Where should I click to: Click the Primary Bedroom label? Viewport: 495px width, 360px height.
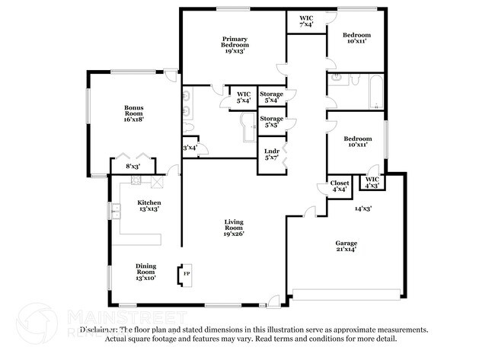235,45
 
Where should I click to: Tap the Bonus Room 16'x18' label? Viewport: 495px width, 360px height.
134,113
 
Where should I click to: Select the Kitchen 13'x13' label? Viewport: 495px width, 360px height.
148,206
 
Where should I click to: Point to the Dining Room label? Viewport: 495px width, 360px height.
145,272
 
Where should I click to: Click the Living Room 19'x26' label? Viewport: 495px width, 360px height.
233,227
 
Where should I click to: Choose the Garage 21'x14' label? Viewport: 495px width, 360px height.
346,246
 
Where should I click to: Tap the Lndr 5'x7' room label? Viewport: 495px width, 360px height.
271,154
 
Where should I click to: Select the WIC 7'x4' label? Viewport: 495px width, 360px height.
306,21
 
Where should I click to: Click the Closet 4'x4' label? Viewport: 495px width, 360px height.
340,186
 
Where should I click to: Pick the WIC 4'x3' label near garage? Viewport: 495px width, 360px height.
372,182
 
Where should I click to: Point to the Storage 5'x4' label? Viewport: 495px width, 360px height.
271,97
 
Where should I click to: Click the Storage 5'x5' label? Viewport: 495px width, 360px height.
271,122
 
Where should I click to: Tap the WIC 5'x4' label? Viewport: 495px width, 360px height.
244,97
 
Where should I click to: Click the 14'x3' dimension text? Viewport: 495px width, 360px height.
363,208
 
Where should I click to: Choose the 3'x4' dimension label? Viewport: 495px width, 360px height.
190,148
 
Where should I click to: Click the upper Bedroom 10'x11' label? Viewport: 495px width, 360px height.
356,38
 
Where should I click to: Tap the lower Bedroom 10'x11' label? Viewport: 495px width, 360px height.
356,142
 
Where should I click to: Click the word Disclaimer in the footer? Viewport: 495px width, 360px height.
98,330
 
